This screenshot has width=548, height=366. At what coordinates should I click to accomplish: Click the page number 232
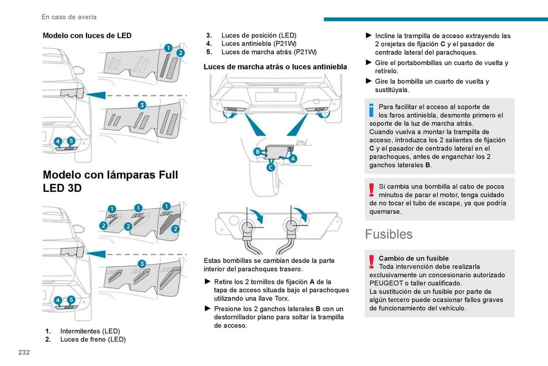point(24,352)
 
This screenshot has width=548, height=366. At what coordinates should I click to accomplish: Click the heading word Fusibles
point(388,234)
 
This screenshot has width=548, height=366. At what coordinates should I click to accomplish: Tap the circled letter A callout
point(293,159)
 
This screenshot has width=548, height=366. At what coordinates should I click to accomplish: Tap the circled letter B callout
point(257,152)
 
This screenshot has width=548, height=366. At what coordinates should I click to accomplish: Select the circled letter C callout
point(271,168)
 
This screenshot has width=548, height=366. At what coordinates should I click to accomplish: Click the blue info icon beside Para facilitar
point(371,110)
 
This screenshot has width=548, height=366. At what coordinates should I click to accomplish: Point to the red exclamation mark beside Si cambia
point(371,190)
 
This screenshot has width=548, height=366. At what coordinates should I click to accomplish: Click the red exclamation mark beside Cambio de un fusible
point(371,262)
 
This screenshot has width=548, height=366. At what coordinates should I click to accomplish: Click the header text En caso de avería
point(69,17)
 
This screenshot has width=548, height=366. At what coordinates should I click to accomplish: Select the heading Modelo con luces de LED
point(87,36)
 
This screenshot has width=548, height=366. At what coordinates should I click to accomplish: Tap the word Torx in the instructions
point(282,298)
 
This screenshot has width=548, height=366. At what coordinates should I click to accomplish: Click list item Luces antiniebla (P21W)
point(259,44)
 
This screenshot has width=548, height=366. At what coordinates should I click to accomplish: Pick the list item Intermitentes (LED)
point(90,331)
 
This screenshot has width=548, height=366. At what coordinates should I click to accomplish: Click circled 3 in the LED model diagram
point(142,105)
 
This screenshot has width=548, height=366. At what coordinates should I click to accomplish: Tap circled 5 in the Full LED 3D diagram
point(71,299)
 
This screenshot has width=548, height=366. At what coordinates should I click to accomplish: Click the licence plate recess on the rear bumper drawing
point(275,97)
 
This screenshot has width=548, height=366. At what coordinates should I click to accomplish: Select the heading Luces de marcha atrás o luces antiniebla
point(275,67)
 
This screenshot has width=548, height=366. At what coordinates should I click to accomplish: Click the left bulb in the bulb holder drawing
point(247,227)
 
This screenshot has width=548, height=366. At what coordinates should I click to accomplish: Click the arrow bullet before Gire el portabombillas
point(368,63)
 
